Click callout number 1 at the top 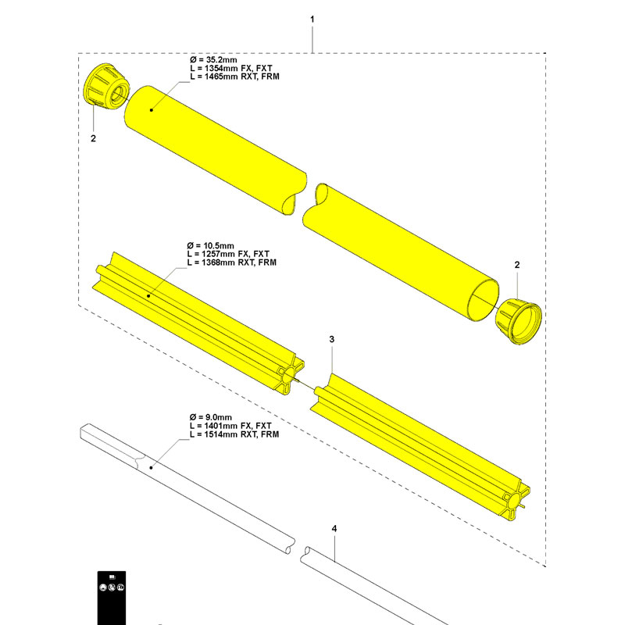[x=312, y=17]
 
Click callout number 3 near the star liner [x=332, y=340]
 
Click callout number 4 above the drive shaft [x=334, y=530]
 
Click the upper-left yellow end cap [x=104, y=87]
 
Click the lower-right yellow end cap [x=518, y=319]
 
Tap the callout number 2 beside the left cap [x=94, y=138]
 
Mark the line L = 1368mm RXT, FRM [x=234, y=263]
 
